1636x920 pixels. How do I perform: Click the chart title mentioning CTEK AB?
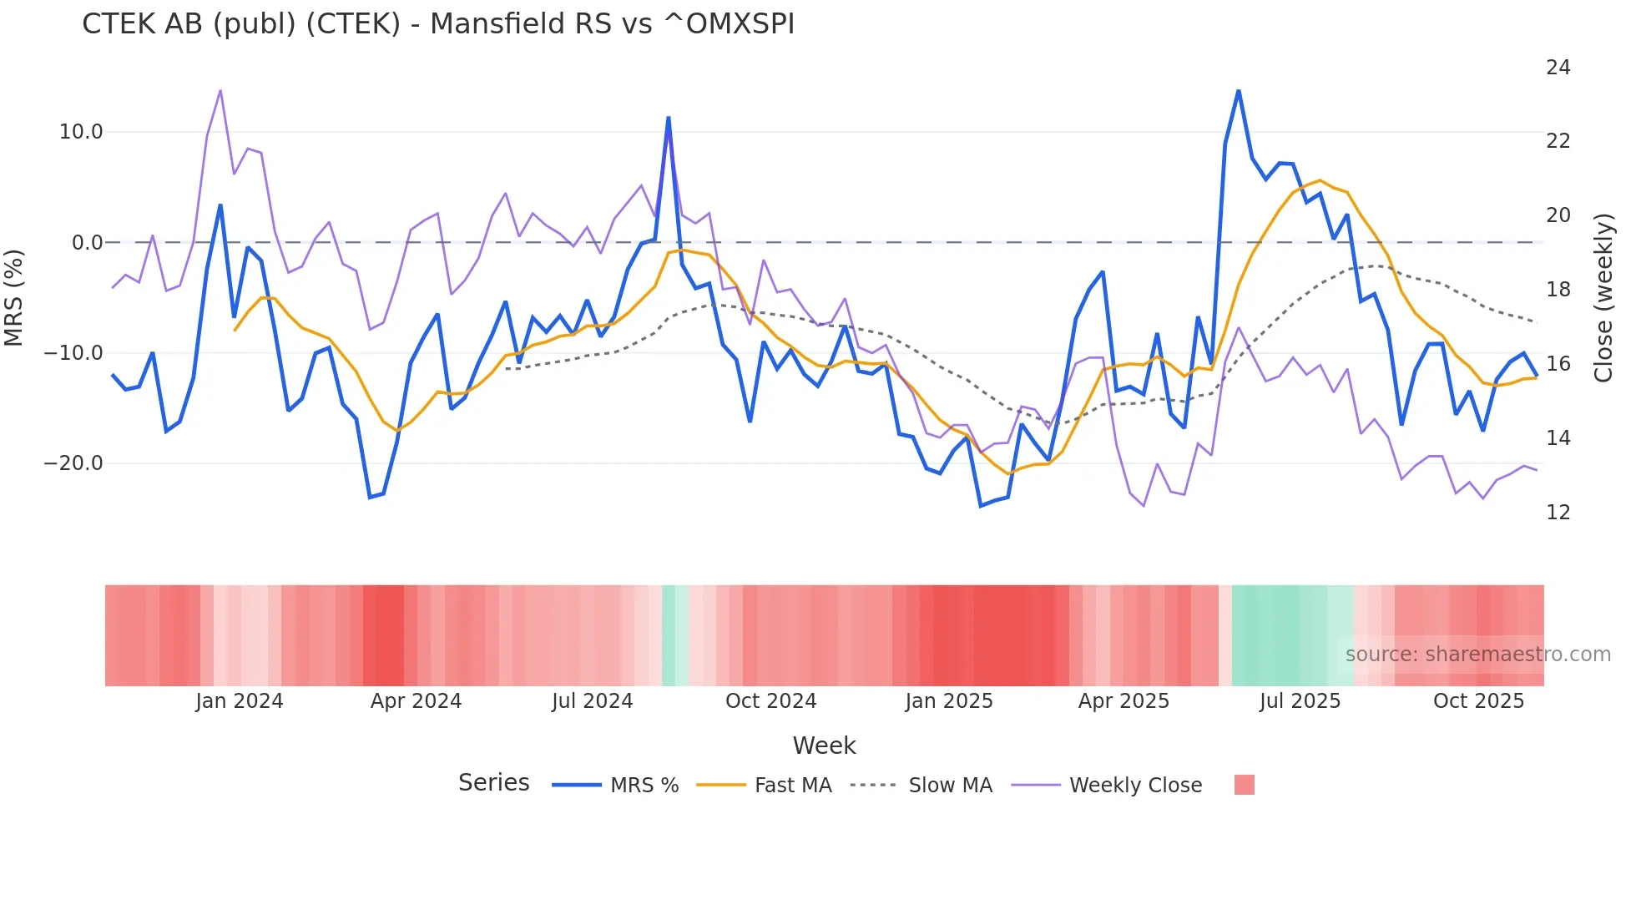[x=437, y=23]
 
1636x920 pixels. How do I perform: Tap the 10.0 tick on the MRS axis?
[x=81, y=132]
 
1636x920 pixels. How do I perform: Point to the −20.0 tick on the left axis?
[x=73, y=463]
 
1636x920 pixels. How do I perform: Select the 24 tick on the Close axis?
[x=1558, y=68]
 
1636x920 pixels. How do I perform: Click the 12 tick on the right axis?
[x=1558, y=513]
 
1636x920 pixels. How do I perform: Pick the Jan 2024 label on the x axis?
[x=240, y=701]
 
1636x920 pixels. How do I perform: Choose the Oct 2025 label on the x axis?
[x=1478, y=701]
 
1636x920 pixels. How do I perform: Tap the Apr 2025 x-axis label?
[x=1123, y=701]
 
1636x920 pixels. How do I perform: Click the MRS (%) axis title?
[x=14, y=298]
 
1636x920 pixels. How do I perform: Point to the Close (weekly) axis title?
[x=1603, y=298]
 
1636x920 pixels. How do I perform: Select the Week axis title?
[x=824, y=746]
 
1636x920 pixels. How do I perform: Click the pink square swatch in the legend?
[x=1244, y=786]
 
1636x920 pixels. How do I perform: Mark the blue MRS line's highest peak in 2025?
[x=1239, y=90]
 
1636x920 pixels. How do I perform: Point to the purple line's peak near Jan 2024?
[x=220, y=90]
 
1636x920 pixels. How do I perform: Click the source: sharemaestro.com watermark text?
[x=1477, y=655]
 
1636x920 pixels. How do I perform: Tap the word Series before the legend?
[x=493, y=783]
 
